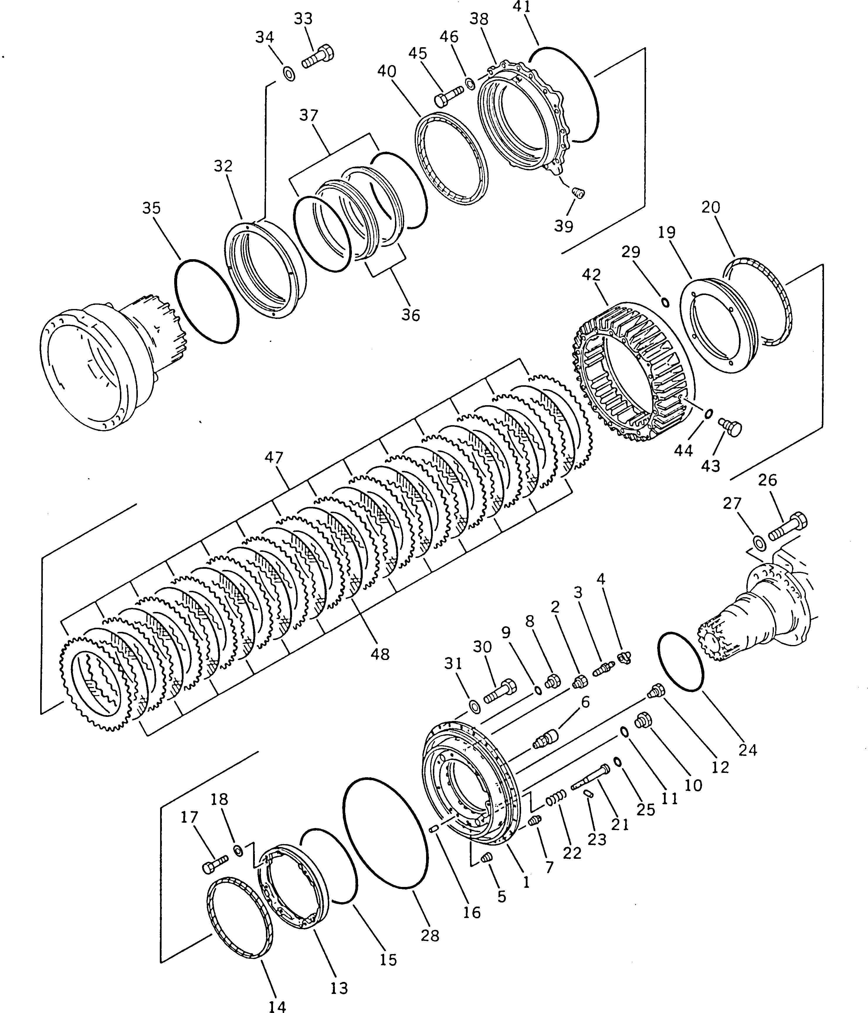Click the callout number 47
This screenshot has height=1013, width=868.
coord(274,458)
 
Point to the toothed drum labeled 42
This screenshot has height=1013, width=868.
coord(631,371)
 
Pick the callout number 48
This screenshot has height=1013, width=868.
coord(380,654)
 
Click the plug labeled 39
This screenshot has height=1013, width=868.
coord(578,194)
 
